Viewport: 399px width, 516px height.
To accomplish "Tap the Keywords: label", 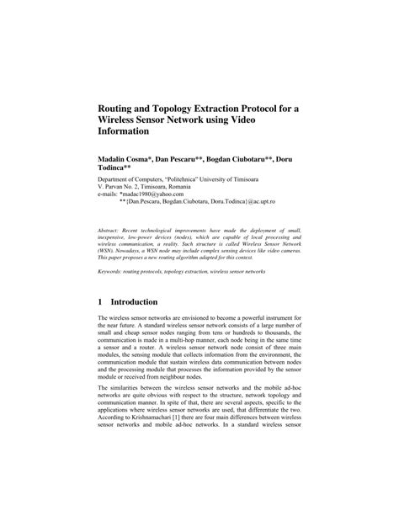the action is [115, 272].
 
